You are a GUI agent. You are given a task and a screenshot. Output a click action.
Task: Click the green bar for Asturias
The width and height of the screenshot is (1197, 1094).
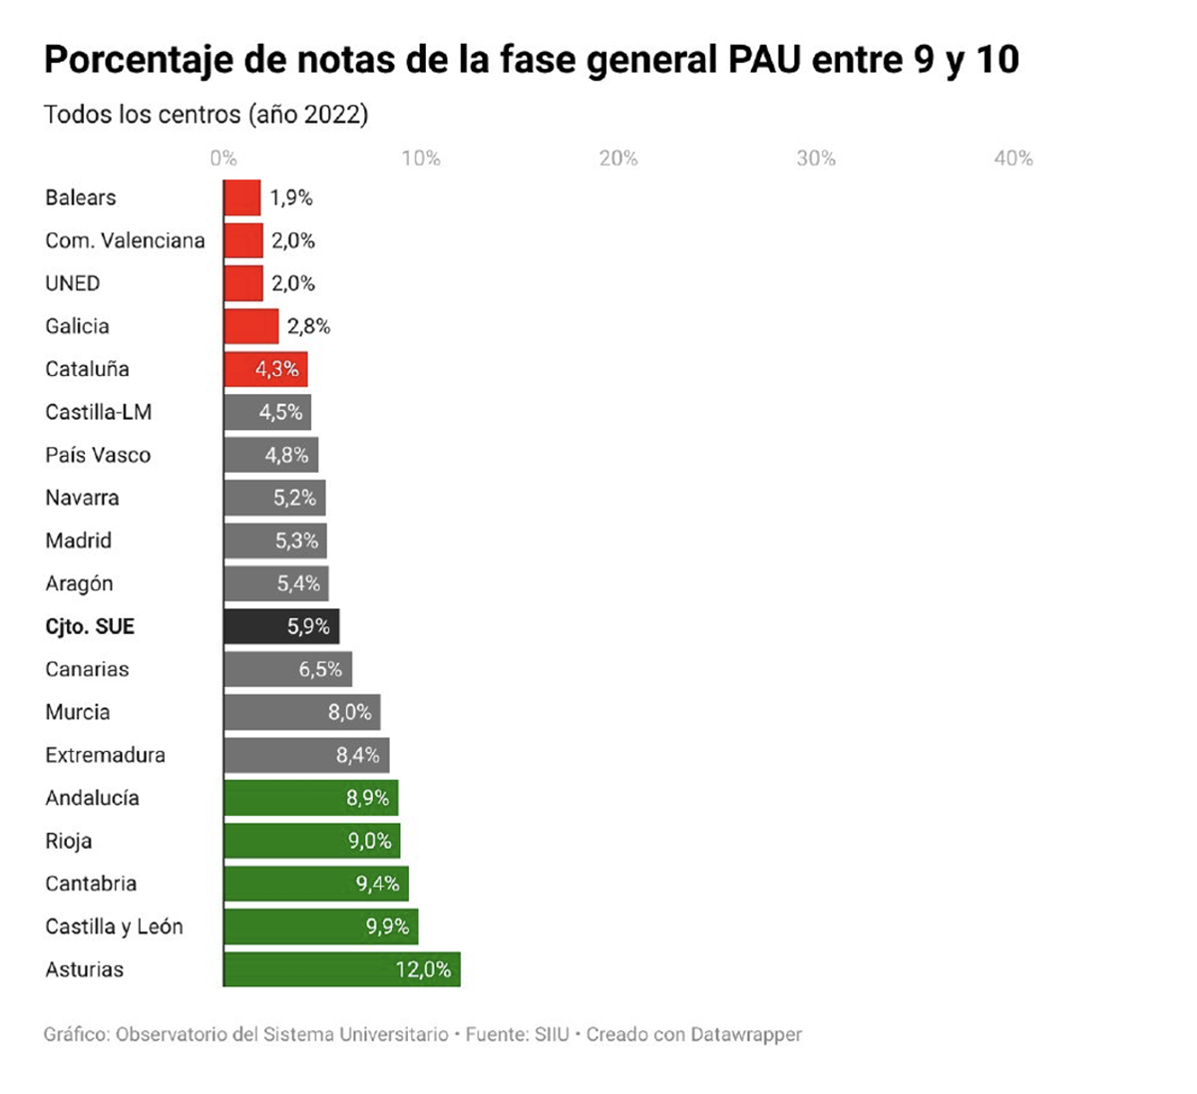tap(341, 969)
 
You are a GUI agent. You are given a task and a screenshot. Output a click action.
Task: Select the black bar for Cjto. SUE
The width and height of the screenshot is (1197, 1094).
tap(281, 626)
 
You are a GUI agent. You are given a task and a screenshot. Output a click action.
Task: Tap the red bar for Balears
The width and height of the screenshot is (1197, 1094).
tap(242, 197)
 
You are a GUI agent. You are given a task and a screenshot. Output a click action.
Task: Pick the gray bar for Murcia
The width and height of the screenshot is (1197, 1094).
tap(301, 712)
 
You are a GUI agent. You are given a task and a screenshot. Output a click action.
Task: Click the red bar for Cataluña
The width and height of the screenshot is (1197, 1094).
tap(265, 369)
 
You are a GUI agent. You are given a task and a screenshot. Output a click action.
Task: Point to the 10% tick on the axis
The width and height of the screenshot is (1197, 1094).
tap(421, 159)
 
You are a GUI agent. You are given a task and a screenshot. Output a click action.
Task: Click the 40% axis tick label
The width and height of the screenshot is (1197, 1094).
tap(1012, 159)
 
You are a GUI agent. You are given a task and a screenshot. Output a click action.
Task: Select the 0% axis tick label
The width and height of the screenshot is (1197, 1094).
tap(223, 159)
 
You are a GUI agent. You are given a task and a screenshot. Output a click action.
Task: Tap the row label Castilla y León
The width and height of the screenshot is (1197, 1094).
tap(114, 926)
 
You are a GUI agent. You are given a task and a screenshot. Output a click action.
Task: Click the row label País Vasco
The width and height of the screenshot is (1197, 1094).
tap(98, 455)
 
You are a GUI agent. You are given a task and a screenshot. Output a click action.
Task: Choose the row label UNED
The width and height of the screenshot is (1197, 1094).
tap(73, 283)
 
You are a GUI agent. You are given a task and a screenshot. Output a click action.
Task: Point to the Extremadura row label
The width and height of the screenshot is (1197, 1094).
tap(105, 755)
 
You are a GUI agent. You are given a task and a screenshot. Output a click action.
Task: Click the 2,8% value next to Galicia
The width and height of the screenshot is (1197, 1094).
tap(308, 326)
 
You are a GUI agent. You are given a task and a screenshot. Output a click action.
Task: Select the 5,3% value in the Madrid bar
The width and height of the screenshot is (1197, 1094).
tap(296, 541)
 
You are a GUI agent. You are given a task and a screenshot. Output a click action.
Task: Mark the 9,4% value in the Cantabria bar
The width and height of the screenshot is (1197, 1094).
tap(378, 884)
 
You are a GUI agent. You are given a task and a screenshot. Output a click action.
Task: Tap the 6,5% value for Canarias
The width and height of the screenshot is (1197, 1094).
tap(320, 669)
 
